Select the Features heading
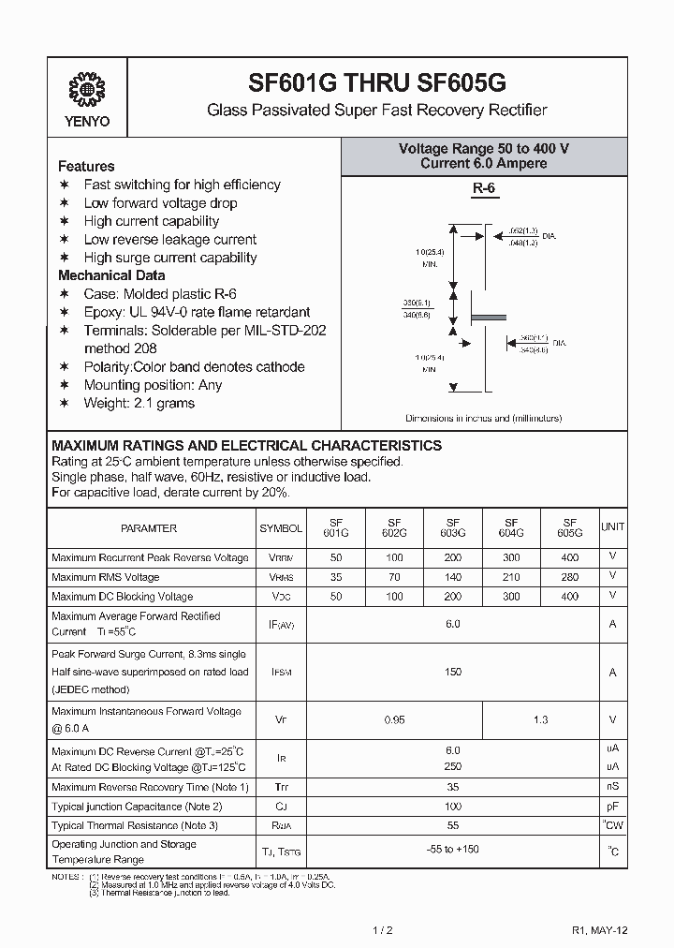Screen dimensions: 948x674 tap(86, 166)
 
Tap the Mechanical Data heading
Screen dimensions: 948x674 tap(111, 275)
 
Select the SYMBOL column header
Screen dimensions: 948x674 tap(281, 528)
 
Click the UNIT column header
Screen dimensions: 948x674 tap(613, 527)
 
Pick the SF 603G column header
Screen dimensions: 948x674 tap(453, 527)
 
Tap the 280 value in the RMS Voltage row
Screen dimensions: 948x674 tap(569, 577)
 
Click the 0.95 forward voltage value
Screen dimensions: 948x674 tap(394, 720)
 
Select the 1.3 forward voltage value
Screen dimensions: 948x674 tap(540, 720)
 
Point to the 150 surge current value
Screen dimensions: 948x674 tap(453, 672)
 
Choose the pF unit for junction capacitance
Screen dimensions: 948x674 tap(613, 806)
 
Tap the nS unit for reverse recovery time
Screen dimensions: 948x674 tap(613, 787)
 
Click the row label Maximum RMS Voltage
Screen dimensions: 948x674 tap(106, 577)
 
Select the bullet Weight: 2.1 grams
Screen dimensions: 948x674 tap(139, 403)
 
